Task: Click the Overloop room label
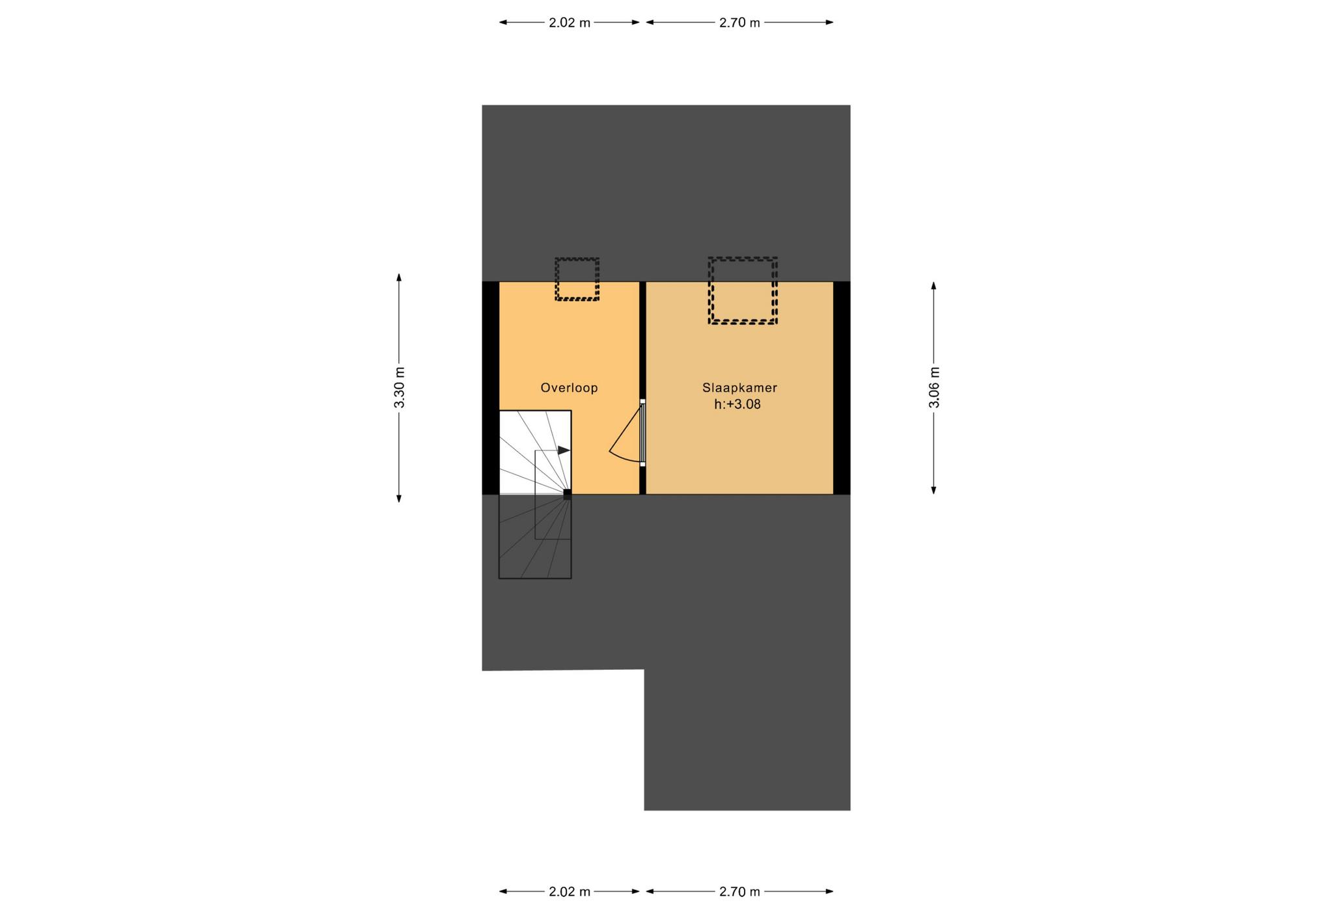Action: pyautogui.click(x=569, y=388)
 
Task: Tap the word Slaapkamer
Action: pyautogui.click(x=739, y=388)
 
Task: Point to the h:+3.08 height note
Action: pyautogui.click(x=737, y=404)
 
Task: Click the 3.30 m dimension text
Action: pyautogui.click(x=400, y=387)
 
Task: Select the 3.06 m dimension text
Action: pyautogui.click(x=934, y=387)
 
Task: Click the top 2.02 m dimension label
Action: pyautogui.click(x=570, y=23)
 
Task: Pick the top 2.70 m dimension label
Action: pyautogui.click(x=739, y=23)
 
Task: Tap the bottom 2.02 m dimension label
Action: pyautogui.click(x=570, y=892)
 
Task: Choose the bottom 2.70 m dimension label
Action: pyautogui.click(x=739, y=892)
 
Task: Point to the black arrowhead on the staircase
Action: pyautogui.click(x=564, y=450)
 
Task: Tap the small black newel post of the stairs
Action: pyautogui.click(x=568, y=494)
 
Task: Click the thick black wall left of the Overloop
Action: pyautogui.click(x=490, y=388)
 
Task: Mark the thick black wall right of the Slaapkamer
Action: pyautogui.click(x=842, y=388)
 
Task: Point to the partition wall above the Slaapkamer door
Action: pyautogui.click(x=642, y=340)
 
